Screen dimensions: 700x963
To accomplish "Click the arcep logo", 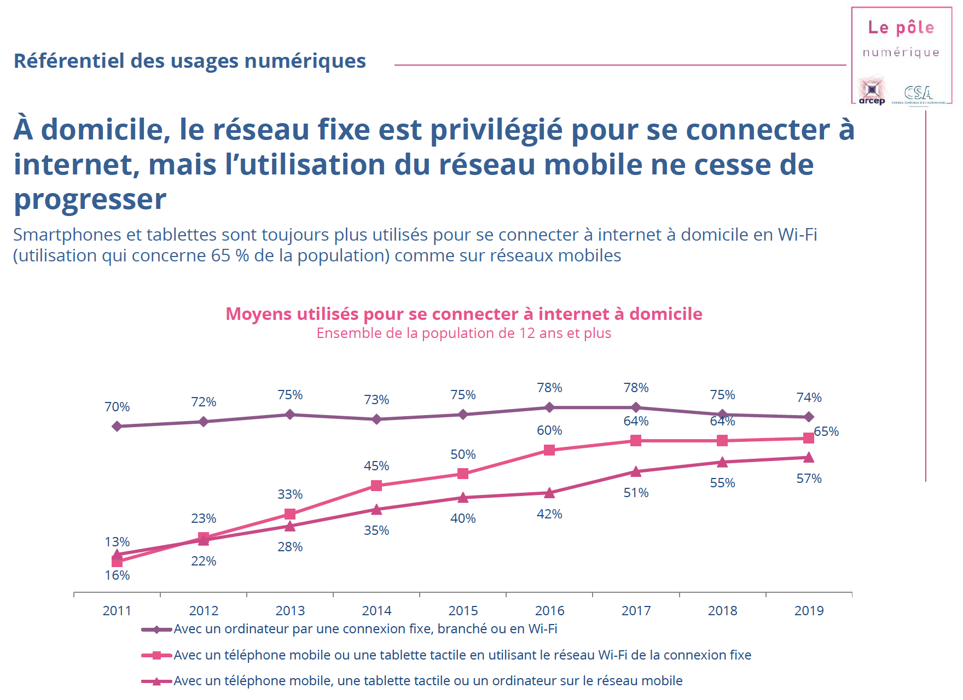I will (x=872, y=91).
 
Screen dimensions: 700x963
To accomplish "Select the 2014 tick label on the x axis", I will (x=376, y=611).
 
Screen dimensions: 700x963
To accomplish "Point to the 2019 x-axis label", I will (x=809, y=611).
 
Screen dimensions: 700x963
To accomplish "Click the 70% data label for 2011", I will (x=117, y=407).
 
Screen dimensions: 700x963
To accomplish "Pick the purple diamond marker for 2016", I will (x=549, y=407).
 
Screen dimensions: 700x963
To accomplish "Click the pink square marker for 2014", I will (x=376, y=486).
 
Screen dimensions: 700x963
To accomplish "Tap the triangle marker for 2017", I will (x=636, y=471).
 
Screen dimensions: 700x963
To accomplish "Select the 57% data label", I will (x=809, y=479).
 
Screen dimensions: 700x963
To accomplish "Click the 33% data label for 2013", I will (x=290, y=494).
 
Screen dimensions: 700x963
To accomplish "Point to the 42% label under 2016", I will (x=549, y=514).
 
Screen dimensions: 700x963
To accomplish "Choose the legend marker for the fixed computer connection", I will (x=156, y=629).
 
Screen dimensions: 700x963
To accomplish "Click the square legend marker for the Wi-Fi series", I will (x=156, y=655).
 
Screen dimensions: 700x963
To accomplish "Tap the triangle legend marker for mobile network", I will (x=156, y=681).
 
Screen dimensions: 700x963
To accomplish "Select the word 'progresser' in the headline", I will (x=90, y=199).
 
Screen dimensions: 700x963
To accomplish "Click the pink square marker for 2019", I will (x=809, y=438).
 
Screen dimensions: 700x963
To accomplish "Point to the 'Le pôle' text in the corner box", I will (x=901, y=27).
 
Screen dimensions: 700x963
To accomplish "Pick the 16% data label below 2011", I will (x=117, y=575).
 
